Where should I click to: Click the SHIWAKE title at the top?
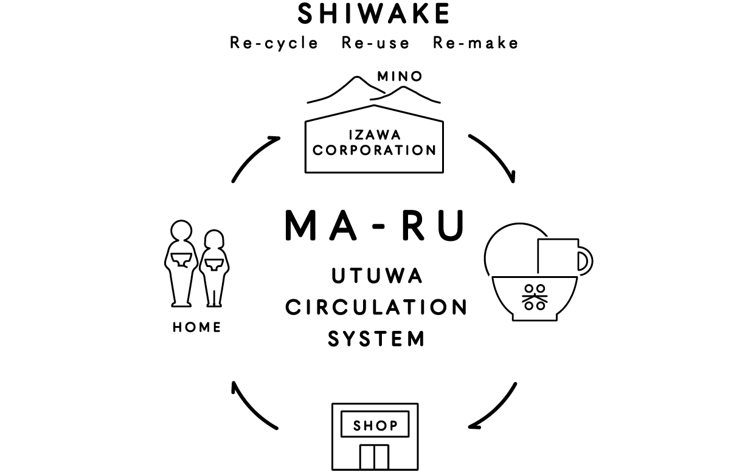(374, 15)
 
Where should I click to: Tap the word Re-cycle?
(274, 43)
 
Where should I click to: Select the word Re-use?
(375, 43)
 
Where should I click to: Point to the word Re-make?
(476, 43)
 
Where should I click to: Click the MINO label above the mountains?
(400, 77)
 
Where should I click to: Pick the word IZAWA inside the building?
(374, 135)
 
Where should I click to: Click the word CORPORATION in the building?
(374, 150)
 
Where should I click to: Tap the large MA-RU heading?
(375, 225)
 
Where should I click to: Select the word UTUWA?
(376, 277)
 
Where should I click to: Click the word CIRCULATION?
(376, 307)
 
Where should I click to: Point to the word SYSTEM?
(376, 338)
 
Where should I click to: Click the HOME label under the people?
(197, 327)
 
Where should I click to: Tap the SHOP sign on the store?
(375, 425)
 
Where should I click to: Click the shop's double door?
(374, 457)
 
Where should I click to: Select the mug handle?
(585, 260)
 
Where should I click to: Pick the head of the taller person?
(181, 232)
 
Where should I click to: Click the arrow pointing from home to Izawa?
(254, 157)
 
